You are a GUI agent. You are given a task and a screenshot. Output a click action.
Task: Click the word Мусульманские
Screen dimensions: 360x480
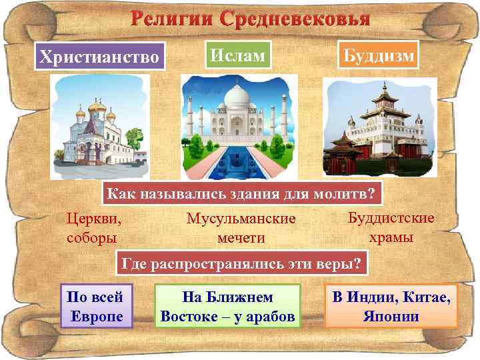point(241,219)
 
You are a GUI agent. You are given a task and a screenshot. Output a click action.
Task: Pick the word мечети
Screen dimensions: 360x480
point(241,237)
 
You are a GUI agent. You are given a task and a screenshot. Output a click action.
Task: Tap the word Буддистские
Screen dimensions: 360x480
point(391,218)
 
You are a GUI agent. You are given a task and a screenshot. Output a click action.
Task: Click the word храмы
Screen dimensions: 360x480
point(391,236)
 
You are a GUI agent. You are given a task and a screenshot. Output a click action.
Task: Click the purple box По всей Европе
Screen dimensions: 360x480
point(96,306)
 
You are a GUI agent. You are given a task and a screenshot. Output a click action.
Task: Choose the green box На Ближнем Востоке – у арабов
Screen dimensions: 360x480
point(227,306)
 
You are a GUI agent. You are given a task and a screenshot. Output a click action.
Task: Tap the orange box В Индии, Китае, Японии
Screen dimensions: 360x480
point(391,306)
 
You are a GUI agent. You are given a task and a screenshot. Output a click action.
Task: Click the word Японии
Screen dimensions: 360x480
point(391,315)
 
